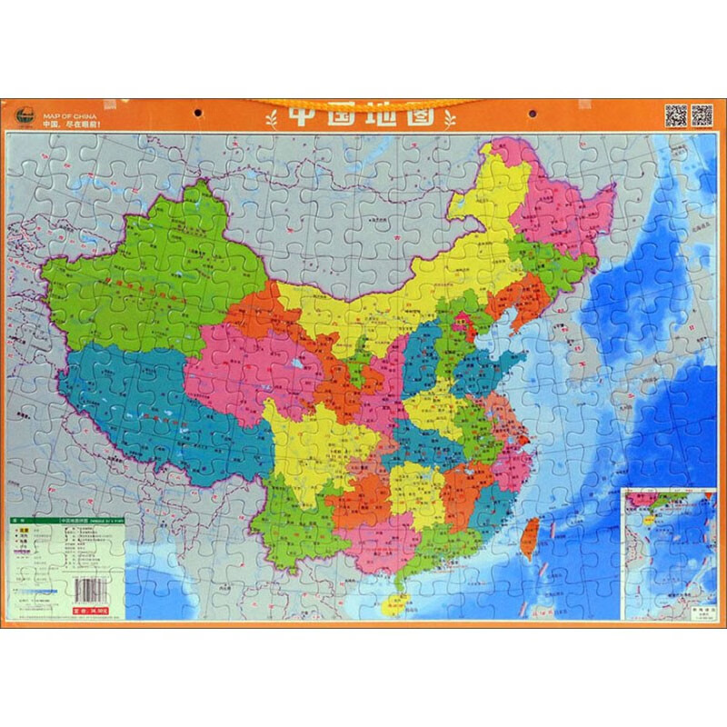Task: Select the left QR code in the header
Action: coord(675,115)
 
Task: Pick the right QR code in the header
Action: coord(702,115)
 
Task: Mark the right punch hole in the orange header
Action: coord(528,115)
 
